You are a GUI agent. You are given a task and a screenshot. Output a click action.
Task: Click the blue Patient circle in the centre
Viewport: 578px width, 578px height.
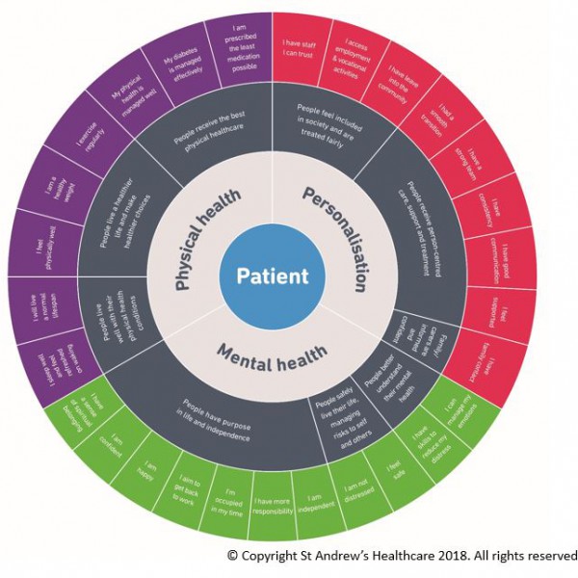tap(265, 276)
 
